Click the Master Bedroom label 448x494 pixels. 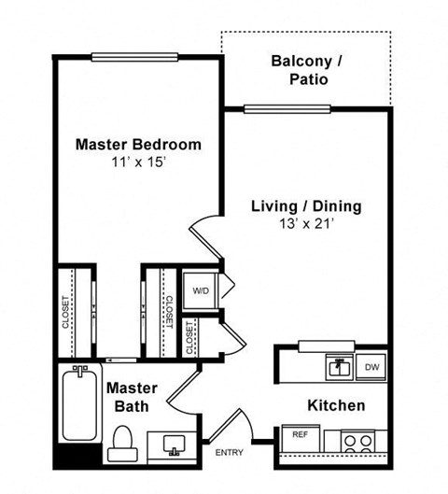coord(137,145)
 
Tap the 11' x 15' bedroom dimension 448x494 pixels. coord(137,162)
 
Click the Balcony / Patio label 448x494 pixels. coord(306,70)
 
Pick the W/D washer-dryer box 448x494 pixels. coord(200,290)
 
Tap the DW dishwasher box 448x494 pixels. coord(371,367)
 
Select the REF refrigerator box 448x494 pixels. coord(301,434)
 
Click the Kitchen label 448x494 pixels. coord(336,405)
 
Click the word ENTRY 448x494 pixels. coord(229,453)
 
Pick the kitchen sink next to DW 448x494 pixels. coord(337,366)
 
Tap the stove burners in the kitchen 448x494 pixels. coord(357,439)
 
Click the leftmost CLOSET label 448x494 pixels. coord(64,313)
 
